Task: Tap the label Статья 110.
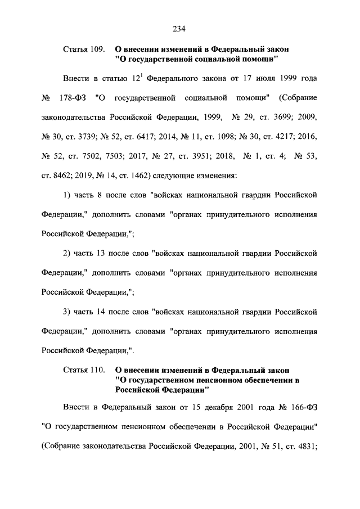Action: point(83,370)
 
